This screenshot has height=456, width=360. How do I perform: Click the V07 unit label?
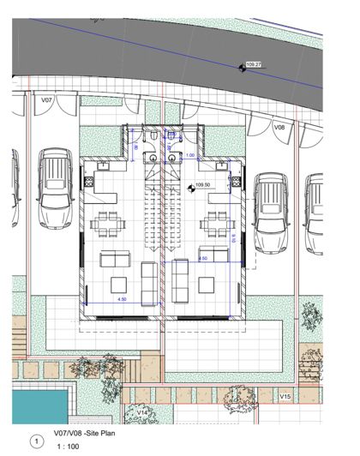[x=47, y=100]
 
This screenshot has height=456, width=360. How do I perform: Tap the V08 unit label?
[x=279, y=127]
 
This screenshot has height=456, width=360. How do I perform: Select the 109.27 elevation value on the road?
[x=254, y=64]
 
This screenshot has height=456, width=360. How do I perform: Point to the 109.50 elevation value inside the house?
[x=203, y=184]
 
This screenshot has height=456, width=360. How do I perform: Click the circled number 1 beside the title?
[x=35, y=441]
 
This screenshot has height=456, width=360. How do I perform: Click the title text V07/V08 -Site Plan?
[x=88, y=434]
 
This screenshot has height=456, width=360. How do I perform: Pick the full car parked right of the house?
[x=272, y=213]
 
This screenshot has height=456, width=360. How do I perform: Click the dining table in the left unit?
[x=109, y=225]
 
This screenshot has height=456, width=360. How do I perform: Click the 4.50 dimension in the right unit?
[x=203, y=257]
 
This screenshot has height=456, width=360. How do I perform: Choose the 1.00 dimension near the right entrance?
[x=190, y=155]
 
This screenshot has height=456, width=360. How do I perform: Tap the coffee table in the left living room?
[x=121, y=284]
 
